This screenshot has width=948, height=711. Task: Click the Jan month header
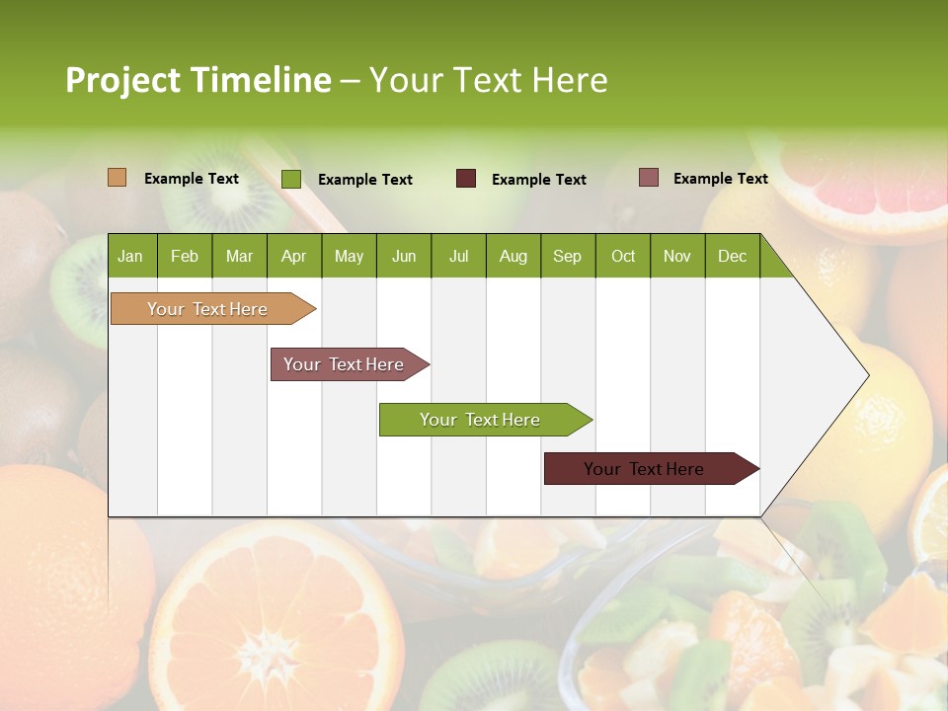pyautogui.click(x=131, y=256)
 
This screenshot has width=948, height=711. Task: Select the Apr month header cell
pyautogui.click(x=294, y=256)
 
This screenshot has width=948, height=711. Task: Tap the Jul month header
pyautogui.click(x=459, y=256)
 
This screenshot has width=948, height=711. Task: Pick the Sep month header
pyautogui.click(x=568, y=256)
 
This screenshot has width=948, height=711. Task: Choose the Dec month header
pyautogui.click(x=733, y=256)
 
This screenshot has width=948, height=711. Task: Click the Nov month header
pyautogui.click(x=677, y=256)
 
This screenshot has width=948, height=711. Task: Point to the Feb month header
pyautogui.click(x=185, y=256)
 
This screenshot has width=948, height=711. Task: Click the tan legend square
pyautogui.click(x=117, y=178)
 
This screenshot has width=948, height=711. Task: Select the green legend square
pyautogui.click(x=291, y=179)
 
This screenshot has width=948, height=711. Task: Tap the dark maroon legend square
pyautogui.click(x=466, y=178)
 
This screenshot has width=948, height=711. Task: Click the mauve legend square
pyautogui.click(x=649, y=178)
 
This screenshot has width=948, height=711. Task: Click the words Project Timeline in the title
pyautogui.click(x=197, y=80)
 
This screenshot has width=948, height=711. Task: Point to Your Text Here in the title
pyautogui.click(x=489, y=80)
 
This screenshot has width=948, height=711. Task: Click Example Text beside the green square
pyautogui.click(x=365, y=180)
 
